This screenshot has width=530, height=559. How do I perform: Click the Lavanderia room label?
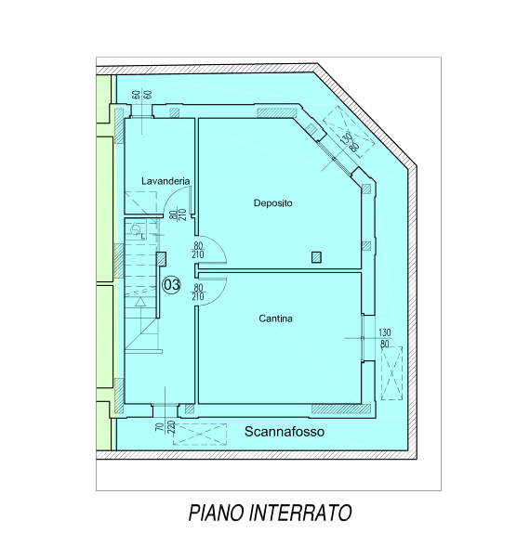(x=166, y=181)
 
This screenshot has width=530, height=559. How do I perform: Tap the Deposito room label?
(x=272, y=203)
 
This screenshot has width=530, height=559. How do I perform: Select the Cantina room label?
(x=275, y=318)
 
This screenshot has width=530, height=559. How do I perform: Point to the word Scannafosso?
(x=285, y=432)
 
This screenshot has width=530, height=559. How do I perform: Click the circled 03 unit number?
(x=172, y=285)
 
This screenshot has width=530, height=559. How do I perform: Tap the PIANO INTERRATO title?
(x=271, y=513)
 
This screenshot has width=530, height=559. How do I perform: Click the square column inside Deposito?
(x=316, y=257)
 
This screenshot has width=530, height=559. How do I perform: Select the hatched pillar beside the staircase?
(x=161, y=259)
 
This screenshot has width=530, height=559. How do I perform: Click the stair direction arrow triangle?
(x=140, y=302)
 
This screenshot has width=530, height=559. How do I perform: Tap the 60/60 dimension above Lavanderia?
(x=141, y=95)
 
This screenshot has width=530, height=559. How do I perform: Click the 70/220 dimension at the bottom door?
(x=166, y=426)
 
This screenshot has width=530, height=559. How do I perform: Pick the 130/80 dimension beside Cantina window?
(x=384, y=338)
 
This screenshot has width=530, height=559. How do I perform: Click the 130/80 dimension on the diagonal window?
(x=350, y=142)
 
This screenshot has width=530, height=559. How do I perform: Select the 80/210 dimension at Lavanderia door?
(x=178, y=214)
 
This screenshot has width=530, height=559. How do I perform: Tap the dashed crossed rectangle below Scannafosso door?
(x=200, y=435)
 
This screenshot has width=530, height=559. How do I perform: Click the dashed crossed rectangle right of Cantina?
(x=391, y=373)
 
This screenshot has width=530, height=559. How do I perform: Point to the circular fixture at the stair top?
(x=135, y=230)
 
